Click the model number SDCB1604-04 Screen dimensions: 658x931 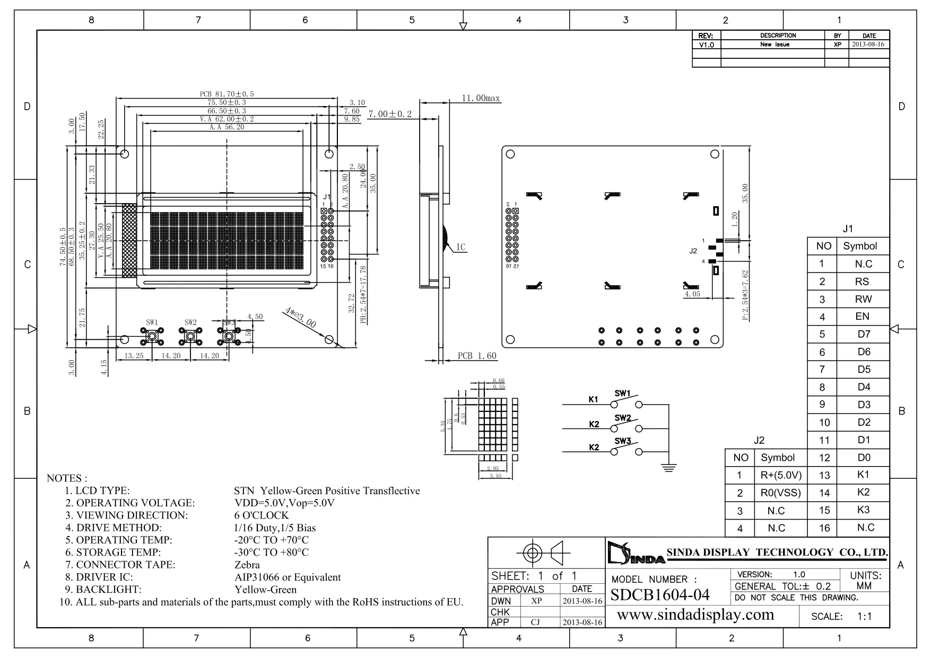660,595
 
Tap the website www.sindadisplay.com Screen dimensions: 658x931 695,615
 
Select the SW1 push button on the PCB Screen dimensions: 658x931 152,336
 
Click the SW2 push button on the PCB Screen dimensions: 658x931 190,336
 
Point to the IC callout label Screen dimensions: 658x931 460,248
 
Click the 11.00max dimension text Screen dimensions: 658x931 481,99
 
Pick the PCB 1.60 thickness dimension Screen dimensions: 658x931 477,356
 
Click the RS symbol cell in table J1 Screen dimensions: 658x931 862,282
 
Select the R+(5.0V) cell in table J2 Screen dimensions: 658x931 781,475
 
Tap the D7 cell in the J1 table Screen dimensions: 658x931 864,334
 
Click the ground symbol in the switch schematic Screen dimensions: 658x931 668,467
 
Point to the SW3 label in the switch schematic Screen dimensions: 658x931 622,441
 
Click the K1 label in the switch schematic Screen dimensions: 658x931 593,399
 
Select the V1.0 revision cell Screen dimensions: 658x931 706,45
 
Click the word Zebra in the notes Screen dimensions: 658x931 247,565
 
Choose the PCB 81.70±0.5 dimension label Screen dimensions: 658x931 227,94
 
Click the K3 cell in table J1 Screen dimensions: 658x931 863,510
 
